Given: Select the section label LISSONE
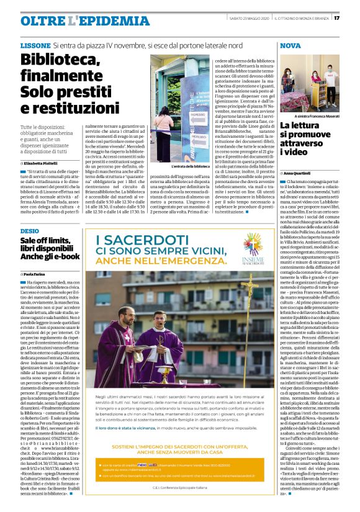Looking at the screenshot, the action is pyautogui.click(x=35, y=46).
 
